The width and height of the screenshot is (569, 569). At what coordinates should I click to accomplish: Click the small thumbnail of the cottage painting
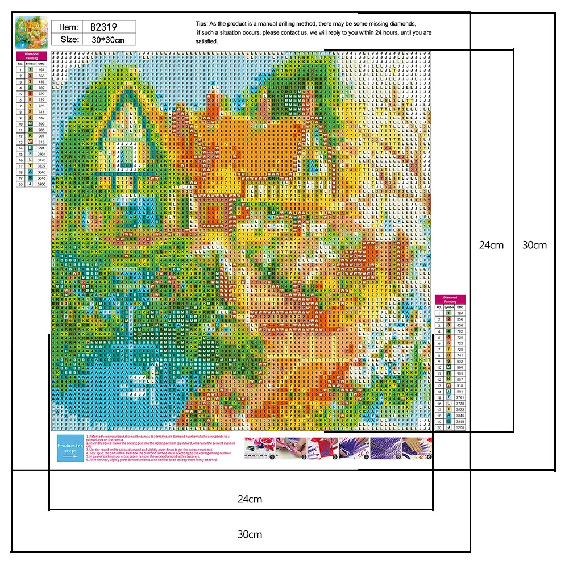[x=31, y=32]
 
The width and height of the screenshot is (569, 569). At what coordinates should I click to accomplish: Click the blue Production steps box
[x=70, y=448]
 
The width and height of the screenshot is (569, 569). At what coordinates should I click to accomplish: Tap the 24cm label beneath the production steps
[x=250, y=499]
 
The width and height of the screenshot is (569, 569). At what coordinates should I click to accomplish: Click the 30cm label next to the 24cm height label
[x=534, y=245]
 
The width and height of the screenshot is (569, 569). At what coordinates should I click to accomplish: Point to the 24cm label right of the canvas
[x=491, y=245]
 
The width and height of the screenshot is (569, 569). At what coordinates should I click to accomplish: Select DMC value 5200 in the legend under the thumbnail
[x=41, y=185]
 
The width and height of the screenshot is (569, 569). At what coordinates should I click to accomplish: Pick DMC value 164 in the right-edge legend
[x=460, y=313]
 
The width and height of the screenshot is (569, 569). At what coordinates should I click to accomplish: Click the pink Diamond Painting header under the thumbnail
[x=31, y=56]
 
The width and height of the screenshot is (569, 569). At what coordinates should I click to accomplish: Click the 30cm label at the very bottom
[x=250, y=534]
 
